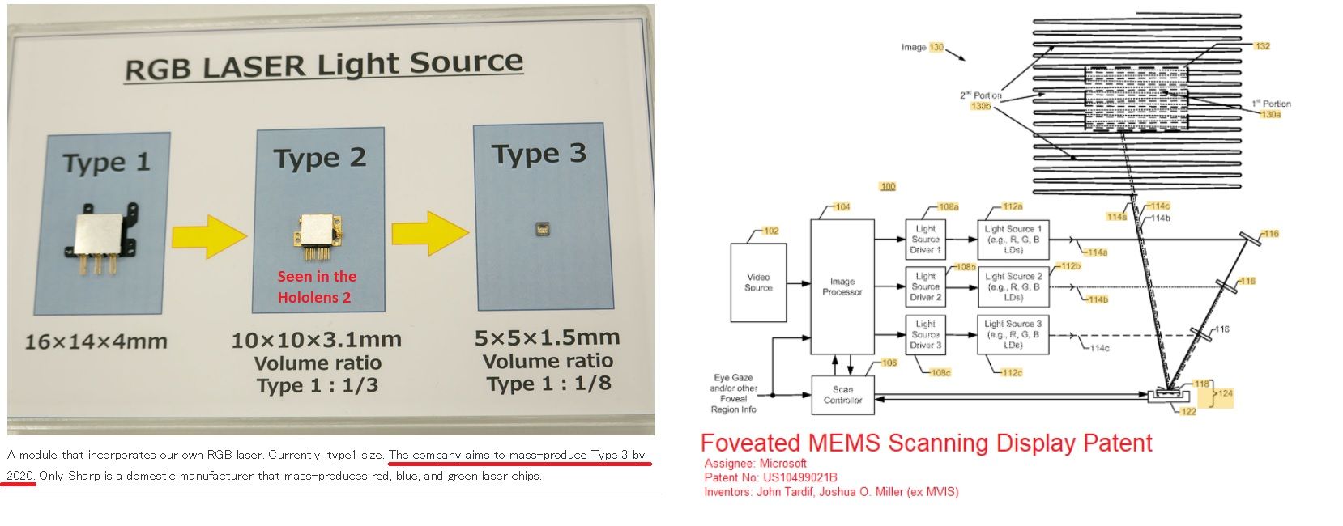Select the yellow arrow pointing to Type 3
click(x=429, y=232)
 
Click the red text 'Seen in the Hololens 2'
click(x=316, y=286)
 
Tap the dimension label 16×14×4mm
click(x=96, y=341)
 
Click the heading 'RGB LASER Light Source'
click(x=324, y=65)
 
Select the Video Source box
click(x=758, y=282)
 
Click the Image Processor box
click(x=842, y=286)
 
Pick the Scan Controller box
click(x=842, y=395)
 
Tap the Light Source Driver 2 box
click(x=926, y=286)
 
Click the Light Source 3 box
click(x=1013, y=334)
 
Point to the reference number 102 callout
click(x=770, y=231)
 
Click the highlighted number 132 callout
click(x=1262, y=46)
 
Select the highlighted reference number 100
click(x=888, y=187)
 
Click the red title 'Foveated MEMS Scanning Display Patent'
click(x=926, y=443)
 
